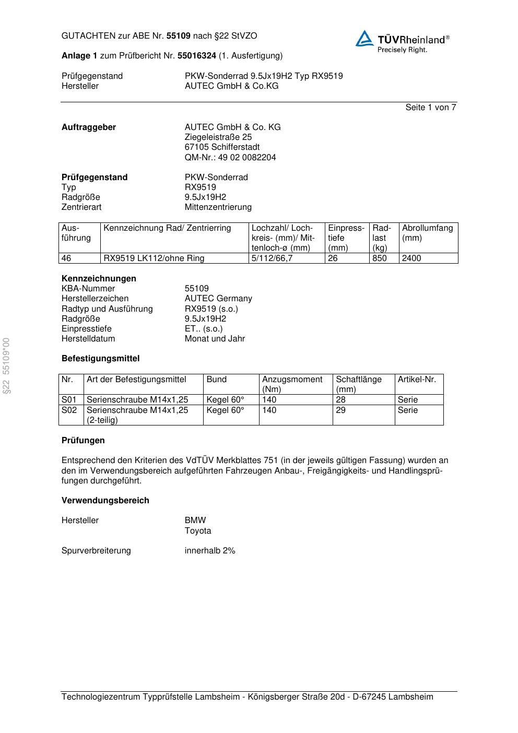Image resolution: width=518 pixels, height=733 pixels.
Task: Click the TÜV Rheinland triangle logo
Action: tap(364, 39)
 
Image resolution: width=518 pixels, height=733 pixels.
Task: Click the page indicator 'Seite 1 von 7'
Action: tap(430, 108)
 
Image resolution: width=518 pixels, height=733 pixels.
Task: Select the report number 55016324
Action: tap(196, 56)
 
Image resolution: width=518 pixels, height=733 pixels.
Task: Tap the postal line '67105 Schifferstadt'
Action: tap(222, 147)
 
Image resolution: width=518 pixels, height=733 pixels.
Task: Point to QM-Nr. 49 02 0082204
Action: tap(230, 158)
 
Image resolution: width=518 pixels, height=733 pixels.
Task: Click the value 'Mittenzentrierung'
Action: tap(218, 207)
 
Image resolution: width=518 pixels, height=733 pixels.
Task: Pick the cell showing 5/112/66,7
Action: tap(272, 258)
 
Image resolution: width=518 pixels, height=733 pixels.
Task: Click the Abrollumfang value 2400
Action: tap(411, 258)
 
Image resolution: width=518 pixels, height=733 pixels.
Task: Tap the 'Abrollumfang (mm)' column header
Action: tap(427, 233)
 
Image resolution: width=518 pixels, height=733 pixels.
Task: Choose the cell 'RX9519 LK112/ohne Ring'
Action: tap(154, 258)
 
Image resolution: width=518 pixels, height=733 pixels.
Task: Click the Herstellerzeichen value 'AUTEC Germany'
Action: tap(218, 299)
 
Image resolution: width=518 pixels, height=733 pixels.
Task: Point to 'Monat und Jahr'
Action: tap(215, 339)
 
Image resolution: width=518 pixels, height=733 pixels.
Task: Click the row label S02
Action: tap(69, 410)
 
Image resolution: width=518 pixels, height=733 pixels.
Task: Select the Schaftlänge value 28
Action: tap(340, 400)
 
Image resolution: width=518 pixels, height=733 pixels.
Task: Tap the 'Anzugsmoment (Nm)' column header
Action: tap(292, 384)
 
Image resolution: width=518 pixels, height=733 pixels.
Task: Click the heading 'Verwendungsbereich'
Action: tap(105, 501)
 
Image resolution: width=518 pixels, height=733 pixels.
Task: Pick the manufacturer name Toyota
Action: tap(198, 531)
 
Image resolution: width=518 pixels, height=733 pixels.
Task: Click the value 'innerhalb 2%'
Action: tap(210, 551)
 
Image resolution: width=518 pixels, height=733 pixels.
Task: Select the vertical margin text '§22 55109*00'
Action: tap(6, 366)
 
